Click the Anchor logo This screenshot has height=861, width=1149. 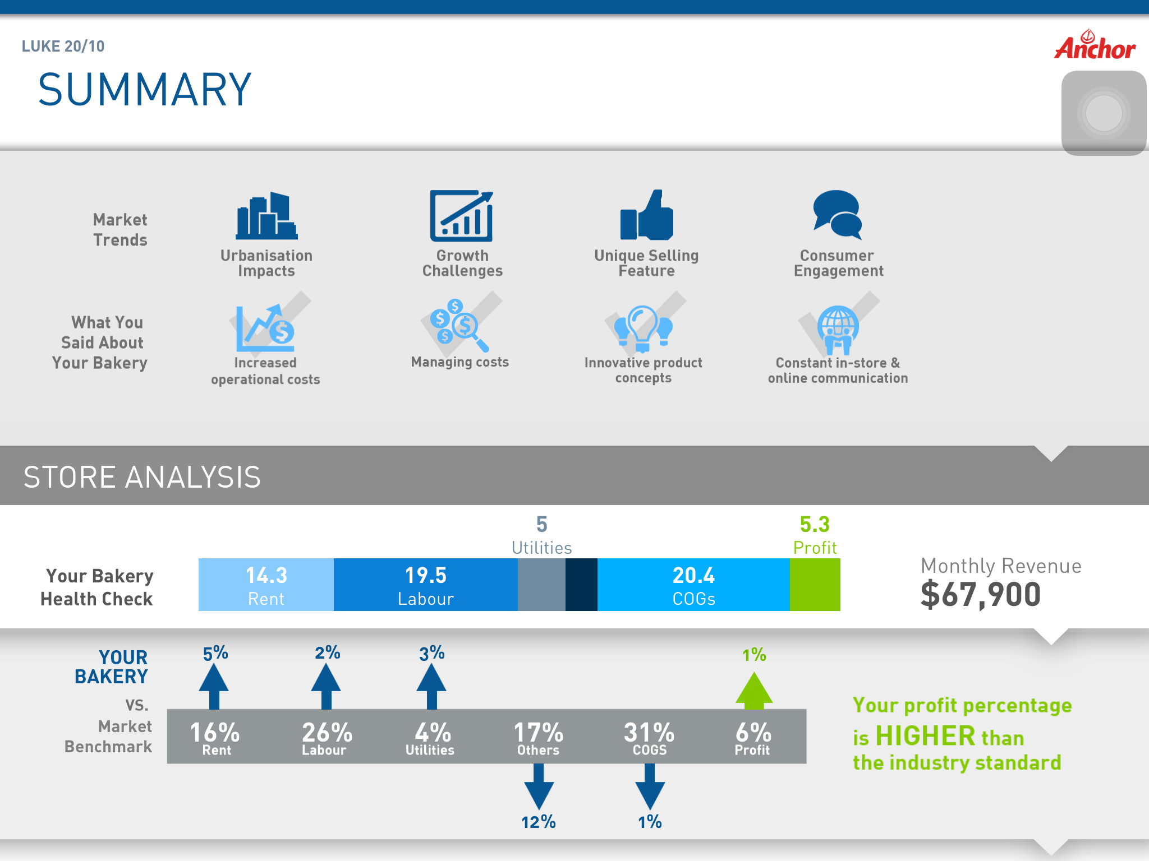point(1095,45)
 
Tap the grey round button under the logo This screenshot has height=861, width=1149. point(1104,113)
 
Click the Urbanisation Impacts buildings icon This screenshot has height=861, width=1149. point(266,215)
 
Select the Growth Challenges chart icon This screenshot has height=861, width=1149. point(462,216)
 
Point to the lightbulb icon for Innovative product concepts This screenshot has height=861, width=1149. point(643,328)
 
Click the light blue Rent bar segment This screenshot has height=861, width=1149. point(266,585)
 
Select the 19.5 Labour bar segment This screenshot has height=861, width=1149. point(426,585)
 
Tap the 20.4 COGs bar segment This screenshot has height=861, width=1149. point(693,585)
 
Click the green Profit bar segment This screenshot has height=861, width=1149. point(815,585)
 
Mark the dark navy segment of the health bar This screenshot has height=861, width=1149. point(581,585)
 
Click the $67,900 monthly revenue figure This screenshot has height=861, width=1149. point(981,595)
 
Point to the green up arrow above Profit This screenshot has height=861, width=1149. point(754,690)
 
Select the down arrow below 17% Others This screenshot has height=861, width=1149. point(539,786)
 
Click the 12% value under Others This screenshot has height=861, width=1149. point(539,822)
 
